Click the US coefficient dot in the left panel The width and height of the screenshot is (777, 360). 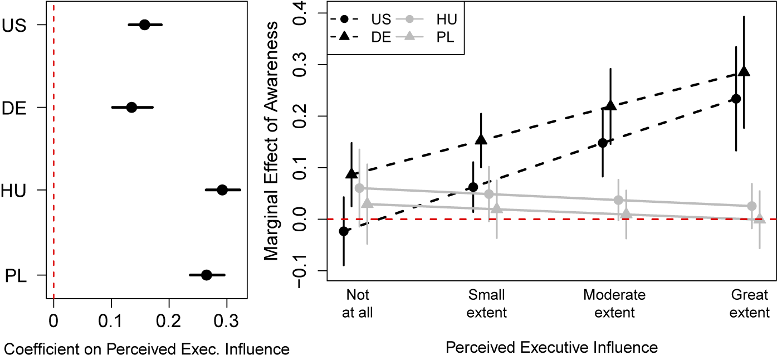pos(144,25)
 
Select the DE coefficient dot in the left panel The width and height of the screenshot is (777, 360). pos(131,107)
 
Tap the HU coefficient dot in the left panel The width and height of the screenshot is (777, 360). pos(222,190)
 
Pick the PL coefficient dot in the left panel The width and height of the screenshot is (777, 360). pos(207,275)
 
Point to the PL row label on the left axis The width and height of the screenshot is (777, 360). pos(15,275)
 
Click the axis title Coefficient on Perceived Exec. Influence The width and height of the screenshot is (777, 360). pos(146,349)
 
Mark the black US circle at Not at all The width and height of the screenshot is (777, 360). pos(344,231)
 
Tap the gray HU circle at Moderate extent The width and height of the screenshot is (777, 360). pos(618,200)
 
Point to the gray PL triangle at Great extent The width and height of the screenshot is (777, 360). pos(759,218)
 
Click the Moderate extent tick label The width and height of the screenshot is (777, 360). pos(614,303)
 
